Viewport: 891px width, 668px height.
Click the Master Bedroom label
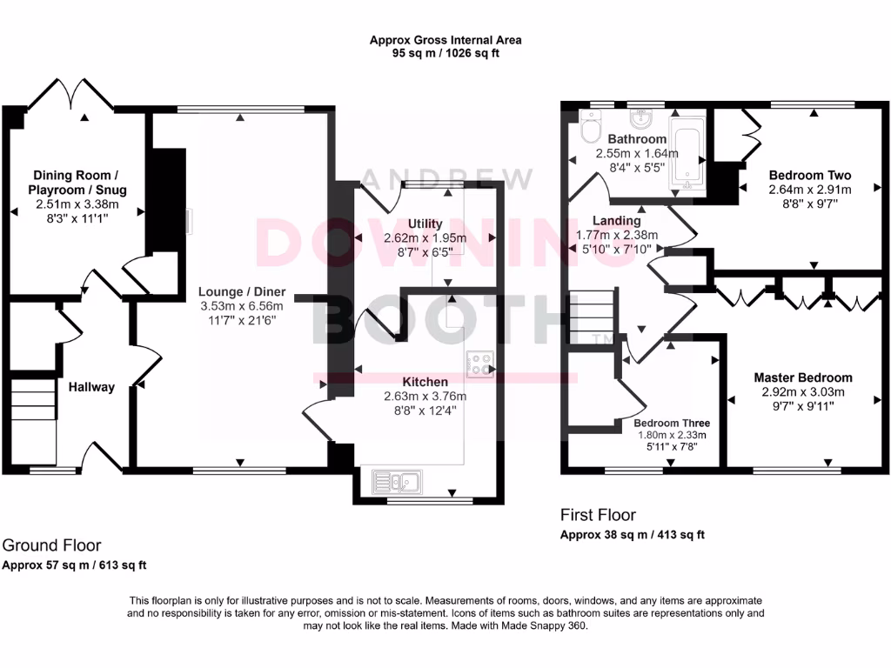point(802,377)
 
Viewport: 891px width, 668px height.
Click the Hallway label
point(91,387)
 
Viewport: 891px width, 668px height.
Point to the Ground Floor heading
point(51,545)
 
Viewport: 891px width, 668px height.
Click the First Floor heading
point(598,515)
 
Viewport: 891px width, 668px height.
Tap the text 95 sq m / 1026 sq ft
point(445,53)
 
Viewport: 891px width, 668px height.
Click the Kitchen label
point(425,382)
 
